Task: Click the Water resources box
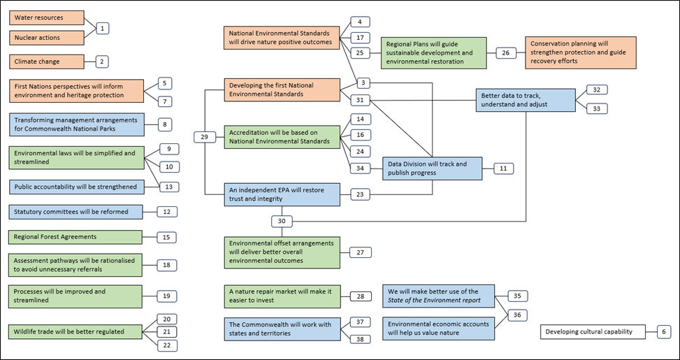pyautogui.click(x=47, y=17)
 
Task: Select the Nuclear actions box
pyautogui.click(x=47, y=38)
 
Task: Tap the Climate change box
pyautogui.click(x=47, y=62)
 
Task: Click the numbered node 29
pyautogui.click(x=204, y=137)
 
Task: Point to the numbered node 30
pyautogui.click(x=282, y=221)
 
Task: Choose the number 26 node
pyautogui.click(x=505, y=52)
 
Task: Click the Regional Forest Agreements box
pyautogui.click(x=75, y=238)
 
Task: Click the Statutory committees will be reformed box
pyautogui.click(x=75, y=211)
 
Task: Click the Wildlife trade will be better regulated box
pyautogui.click(x=75, y=331)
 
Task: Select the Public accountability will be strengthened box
pyautogui.click(x=75, y=187)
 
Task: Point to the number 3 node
pyautogui.click(x=362, y=82)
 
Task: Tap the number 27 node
pyautogui.click(x=360, y=252)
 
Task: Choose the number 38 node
pyautogui.click(x=360, y=339)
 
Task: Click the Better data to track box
pyautogui.click(x=526, y=100)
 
